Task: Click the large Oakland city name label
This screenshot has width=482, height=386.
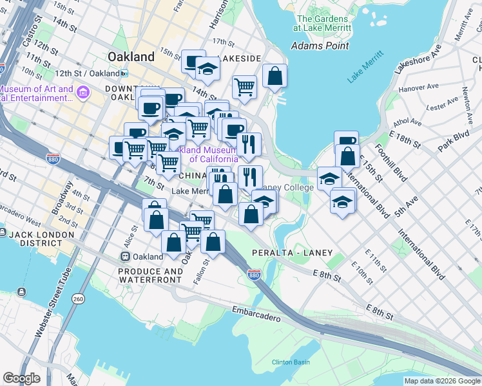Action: tap(131, 57)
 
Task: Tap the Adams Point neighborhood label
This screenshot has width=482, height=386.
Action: tap(320, 46)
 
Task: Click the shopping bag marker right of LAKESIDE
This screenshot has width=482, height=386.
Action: tap(275, 76)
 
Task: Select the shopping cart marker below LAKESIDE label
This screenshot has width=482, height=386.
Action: tap(244, 86)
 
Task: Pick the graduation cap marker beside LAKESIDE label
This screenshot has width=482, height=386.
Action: tap(207, 69)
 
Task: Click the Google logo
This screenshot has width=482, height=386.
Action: tap(21, 378)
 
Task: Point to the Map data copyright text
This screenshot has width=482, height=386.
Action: tap(442, 381)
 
